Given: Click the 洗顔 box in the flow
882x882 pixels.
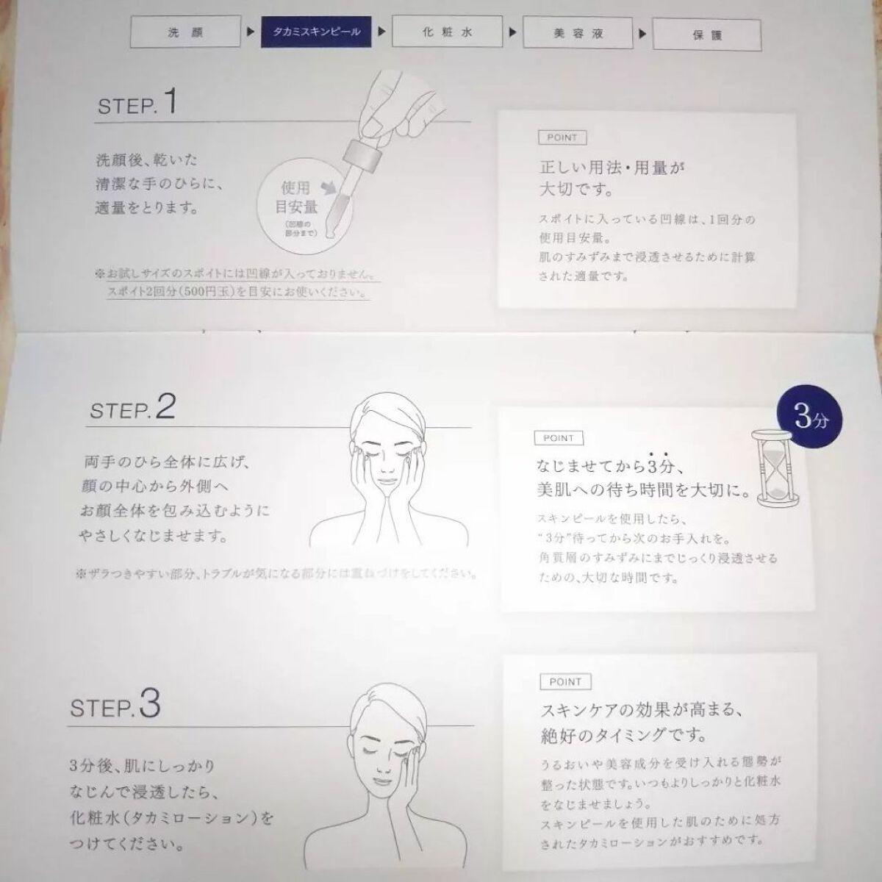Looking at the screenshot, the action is click(x=185, y=32).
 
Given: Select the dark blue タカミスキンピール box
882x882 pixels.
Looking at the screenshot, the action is click(x=316, y=32).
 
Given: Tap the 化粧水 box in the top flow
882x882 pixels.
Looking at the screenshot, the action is click(x=447, y=32).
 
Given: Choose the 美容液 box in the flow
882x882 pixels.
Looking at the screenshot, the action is click(x=578, y=33).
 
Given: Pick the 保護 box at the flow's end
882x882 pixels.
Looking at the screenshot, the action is click(x=707, y=35).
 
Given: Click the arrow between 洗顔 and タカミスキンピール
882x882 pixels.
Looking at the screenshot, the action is click(x=251, y=32).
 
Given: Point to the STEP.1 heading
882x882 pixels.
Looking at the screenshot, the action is click(x=137, y=103).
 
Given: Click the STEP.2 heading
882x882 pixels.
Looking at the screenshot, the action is click(x=133, y=407).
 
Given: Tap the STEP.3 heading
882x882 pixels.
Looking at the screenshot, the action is click(x=115, y=706).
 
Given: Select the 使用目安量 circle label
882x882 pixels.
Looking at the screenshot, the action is click(x=296, y=198).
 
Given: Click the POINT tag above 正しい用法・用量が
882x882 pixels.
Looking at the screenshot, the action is click(x=562, y=137).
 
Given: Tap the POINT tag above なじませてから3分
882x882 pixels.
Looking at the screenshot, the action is click(x=559, y=438).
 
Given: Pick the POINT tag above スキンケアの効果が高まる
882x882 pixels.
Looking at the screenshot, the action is click(x=565, y=682).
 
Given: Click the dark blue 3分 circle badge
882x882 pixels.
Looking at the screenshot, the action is click(x=811, y=419).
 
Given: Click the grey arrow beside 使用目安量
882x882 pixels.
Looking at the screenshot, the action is click(x=329, y=186).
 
